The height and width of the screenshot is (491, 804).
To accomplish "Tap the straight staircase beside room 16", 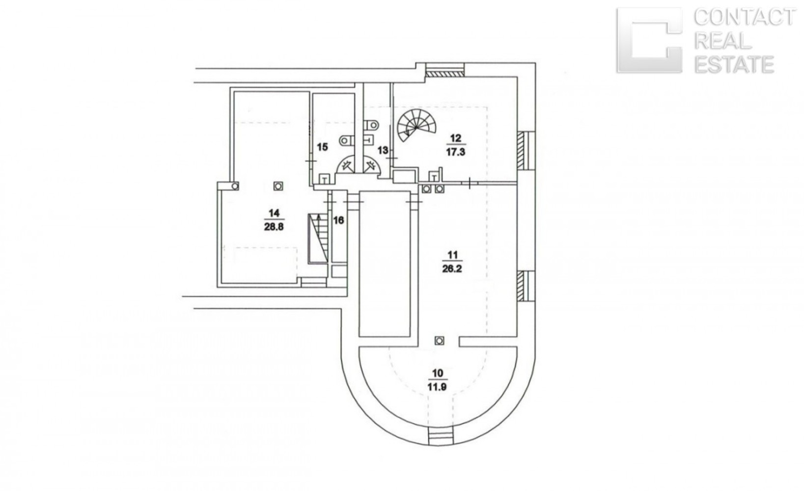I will point(318,239).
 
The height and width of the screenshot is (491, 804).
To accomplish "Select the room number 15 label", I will point(322,147).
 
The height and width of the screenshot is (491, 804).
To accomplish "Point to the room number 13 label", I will point(383,150).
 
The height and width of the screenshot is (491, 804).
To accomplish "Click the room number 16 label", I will point(338,220).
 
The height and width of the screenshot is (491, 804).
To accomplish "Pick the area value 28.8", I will point(274,227).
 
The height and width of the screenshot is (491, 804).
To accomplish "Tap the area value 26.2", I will point(452,269).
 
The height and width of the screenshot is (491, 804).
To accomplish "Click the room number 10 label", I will point(438,374).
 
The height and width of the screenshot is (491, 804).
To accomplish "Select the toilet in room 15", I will point(345,140).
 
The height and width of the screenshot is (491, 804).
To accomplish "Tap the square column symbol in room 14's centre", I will point(278,186).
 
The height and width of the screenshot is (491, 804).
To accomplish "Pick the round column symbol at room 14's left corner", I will point(235,186).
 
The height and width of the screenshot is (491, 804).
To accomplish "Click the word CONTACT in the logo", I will point(744,18).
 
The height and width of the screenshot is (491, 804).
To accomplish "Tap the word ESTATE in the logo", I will point(734,64).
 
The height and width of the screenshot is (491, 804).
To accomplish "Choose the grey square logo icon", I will point(649,40).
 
